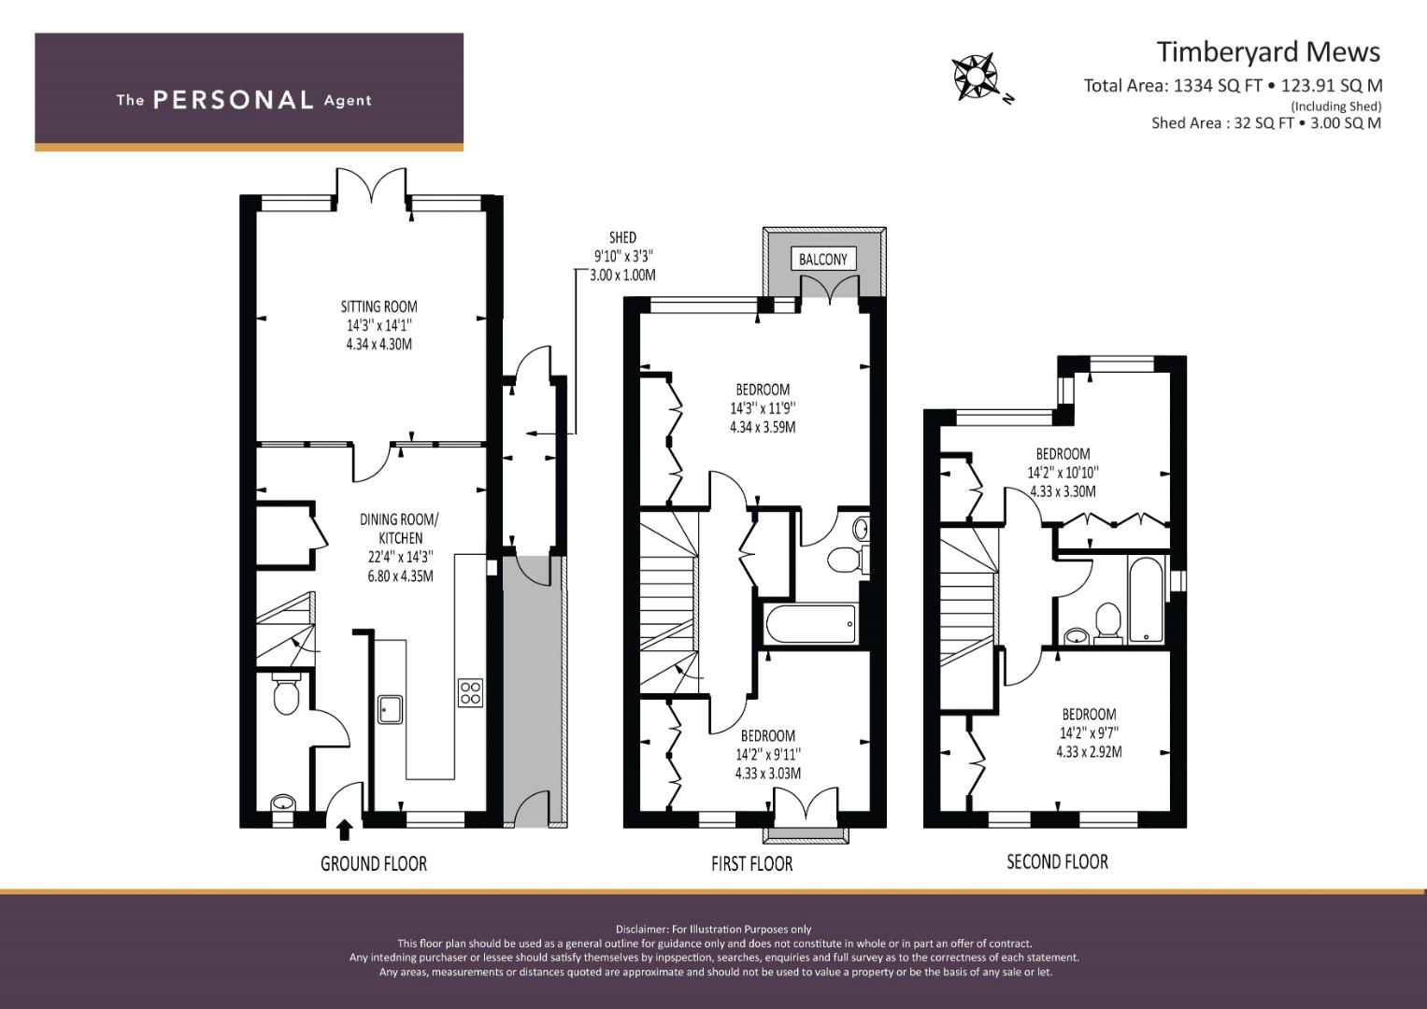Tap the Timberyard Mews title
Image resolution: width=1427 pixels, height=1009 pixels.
1268,51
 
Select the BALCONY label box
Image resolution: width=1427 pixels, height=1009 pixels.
823,260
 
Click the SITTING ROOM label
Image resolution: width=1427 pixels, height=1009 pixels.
379,306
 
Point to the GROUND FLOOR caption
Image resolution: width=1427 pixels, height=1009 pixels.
373,864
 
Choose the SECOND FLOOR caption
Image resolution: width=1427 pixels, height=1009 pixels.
1058,861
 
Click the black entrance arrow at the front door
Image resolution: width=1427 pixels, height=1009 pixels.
345,830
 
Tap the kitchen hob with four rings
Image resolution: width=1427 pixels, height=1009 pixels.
470,692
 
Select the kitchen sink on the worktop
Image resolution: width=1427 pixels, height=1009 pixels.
390,709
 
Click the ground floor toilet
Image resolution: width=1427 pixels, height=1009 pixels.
286,693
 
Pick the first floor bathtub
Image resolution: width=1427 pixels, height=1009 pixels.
811,624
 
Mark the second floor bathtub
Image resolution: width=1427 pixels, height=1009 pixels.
1147,600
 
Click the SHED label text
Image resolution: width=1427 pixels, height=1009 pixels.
622,237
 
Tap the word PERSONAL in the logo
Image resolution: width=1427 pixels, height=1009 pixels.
234,100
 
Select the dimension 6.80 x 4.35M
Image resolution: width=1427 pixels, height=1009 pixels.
400,576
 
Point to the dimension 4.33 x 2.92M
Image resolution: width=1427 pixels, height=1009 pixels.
1089,752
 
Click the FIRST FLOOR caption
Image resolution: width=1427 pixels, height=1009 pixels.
751,864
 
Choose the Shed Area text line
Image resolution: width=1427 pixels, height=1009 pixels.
1266,123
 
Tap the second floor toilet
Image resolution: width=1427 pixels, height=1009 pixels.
1108,623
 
